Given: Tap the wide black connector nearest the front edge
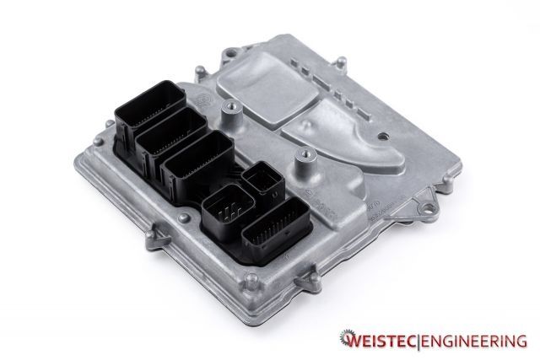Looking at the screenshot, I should pos(271,225).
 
